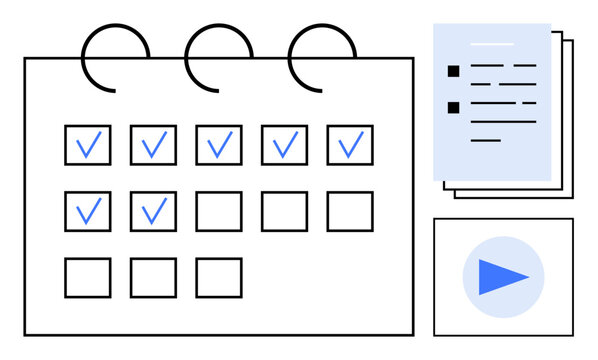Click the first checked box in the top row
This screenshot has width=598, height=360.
88,145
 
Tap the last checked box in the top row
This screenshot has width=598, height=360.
349,145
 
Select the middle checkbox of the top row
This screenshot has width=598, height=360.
218,145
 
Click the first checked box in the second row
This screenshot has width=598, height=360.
88,211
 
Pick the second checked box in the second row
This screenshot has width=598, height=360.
153,211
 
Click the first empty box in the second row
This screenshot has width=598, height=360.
218,211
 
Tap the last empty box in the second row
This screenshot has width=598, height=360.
349,211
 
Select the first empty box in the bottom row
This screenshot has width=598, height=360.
88,277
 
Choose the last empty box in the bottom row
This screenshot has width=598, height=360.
218,277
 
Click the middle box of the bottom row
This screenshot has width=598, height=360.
153,277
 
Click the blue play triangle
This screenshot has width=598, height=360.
503,276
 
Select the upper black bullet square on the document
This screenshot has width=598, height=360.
453,71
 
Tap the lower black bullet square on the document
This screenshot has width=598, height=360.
453,107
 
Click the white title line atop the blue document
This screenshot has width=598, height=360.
491,44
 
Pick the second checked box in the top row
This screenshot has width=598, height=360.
153,145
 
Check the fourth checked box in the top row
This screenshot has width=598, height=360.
284,145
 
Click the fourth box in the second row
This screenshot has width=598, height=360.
284,211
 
